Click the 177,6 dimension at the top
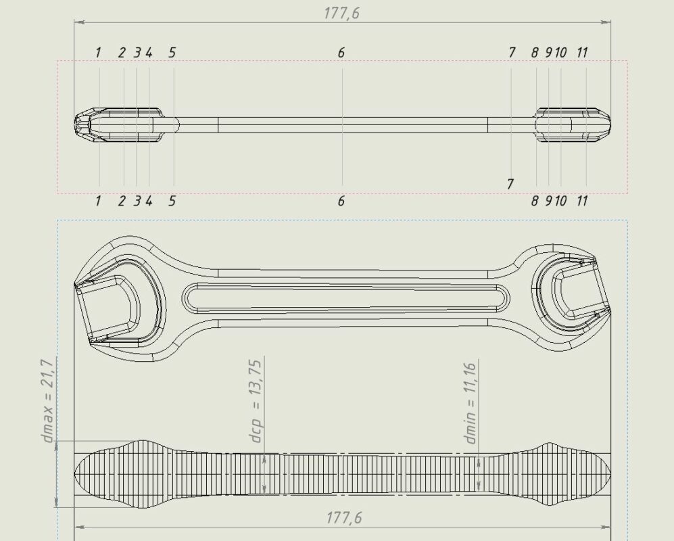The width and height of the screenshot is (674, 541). pos(341,13)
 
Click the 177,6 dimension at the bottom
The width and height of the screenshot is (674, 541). pos(344,517)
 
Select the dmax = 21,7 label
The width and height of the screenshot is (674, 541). pos(48,400)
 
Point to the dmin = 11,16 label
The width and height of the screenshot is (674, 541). pos(471,403)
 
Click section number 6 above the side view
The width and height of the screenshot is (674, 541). pos(341,53)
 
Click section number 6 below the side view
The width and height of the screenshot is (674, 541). pos(341,200)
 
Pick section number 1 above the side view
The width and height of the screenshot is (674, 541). pos(99,53)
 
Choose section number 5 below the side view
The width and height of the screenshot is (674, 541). pos(172,200)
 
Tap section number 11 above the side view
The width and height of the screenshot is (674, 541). pos(581,53)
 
